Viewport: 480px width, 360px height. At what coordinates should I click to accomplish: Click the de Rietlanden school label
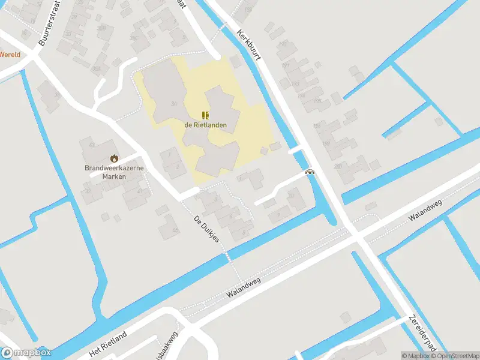click(x=205, y=125)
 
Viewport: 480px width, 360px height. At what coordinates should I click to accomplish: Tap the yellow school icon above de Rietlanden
click(x=205, y=115)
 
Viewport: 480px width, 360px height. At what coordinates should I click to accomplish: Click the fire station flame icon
click(x=113, y=158)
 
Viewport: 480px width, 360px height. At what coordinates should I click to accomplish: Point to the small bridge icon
click(x=310, y=172)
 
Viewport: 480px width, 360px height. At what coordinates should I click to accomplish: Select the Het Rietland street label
click(x=108, y=342)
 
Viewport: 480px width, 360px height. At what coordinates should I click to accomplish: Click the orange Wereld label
click(x=10, y=54)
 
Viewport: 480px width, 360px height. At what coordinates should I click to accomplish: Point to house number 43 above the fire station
click(x=92, y=145)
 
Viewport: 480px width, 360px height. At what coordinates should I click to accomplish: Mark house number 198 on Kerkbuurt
click(x=327, y=144)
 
